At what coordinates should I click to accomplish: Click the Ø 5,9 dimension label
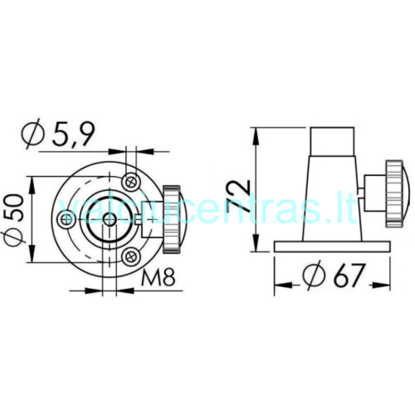58,134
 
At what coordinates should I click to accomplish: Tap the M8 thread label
159,277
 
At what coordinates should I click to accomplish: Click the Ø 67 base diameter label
334,275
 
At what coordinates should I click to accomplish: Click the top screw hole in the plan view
131,182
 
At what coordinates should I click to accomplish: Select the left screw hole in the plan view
66,220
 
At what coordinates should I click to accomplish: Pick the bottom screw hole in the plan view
130,256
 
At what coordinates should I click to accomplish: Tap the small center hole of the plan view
110,220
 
